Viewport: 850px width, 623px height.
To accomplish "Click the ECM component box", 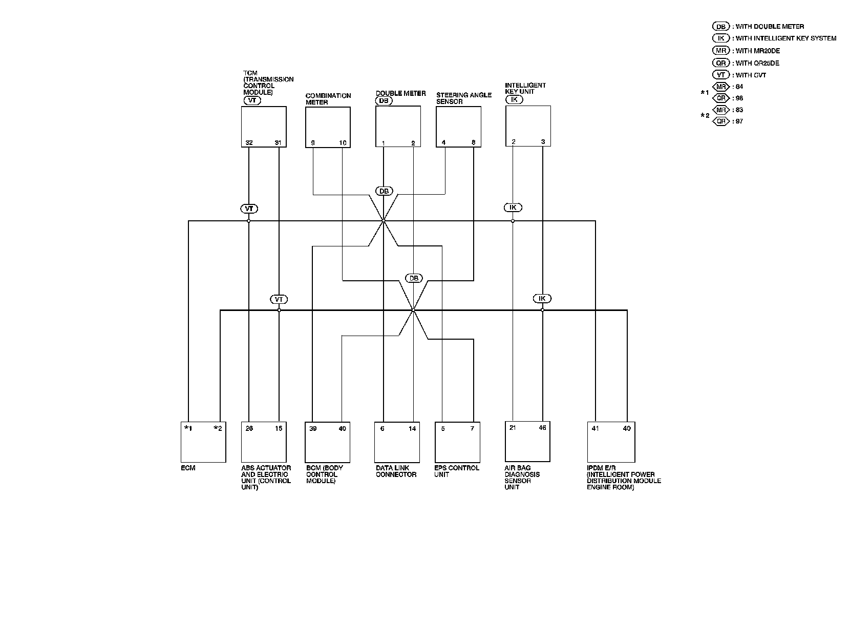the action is (203, 443).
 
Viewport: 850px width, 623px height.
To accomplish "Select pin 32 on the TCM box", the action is (249, 143).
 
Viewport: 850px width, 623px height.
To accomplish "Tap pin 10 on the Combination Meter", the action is (343, 143).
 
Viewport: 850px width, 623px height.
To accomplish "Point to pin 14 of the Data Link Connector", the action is (413, 429).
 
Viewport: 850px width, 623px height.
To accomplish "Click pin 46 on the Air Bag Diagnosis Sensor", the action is (543, 428).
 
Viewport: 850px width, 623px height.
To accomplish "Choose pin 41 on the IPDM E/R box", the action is (596, 429).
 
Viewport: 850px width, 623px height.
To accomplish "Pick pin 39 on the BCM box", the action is (313, 429).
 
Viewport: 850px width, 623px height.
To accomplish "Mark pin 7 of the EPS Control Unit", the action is (473, 429).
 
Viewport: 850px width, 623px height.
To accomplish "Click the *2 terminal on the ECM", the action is (218, 429).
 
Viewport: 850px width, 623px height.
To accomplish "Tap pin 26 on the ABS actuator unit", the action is (249, 429).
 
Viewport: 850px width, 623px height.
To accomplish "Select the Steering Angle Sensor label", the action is (456, 98).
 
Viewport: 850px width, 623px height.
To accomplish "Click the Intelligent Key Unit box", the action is (528, 126).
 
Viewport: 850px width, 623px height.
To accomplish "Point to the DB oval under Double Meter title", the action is (383, 101).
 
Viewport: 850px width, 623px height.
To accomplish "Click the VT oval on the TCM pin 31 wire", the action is (279, 299).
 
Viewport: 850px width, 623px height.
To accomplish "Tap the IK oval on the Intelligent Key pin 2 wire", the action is (513, 207).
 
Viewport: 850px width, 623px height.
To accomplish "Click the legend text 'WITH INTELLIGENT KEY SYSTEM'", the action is (785, 38).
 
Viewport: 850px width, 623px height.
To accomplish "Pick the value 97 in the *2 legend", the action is (739, 121).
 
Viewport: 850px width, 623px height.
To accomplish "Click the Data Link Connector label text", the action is (396, 471).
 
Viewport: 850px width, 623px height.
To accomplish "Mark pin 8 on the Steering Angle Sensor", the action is (473, 143).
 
